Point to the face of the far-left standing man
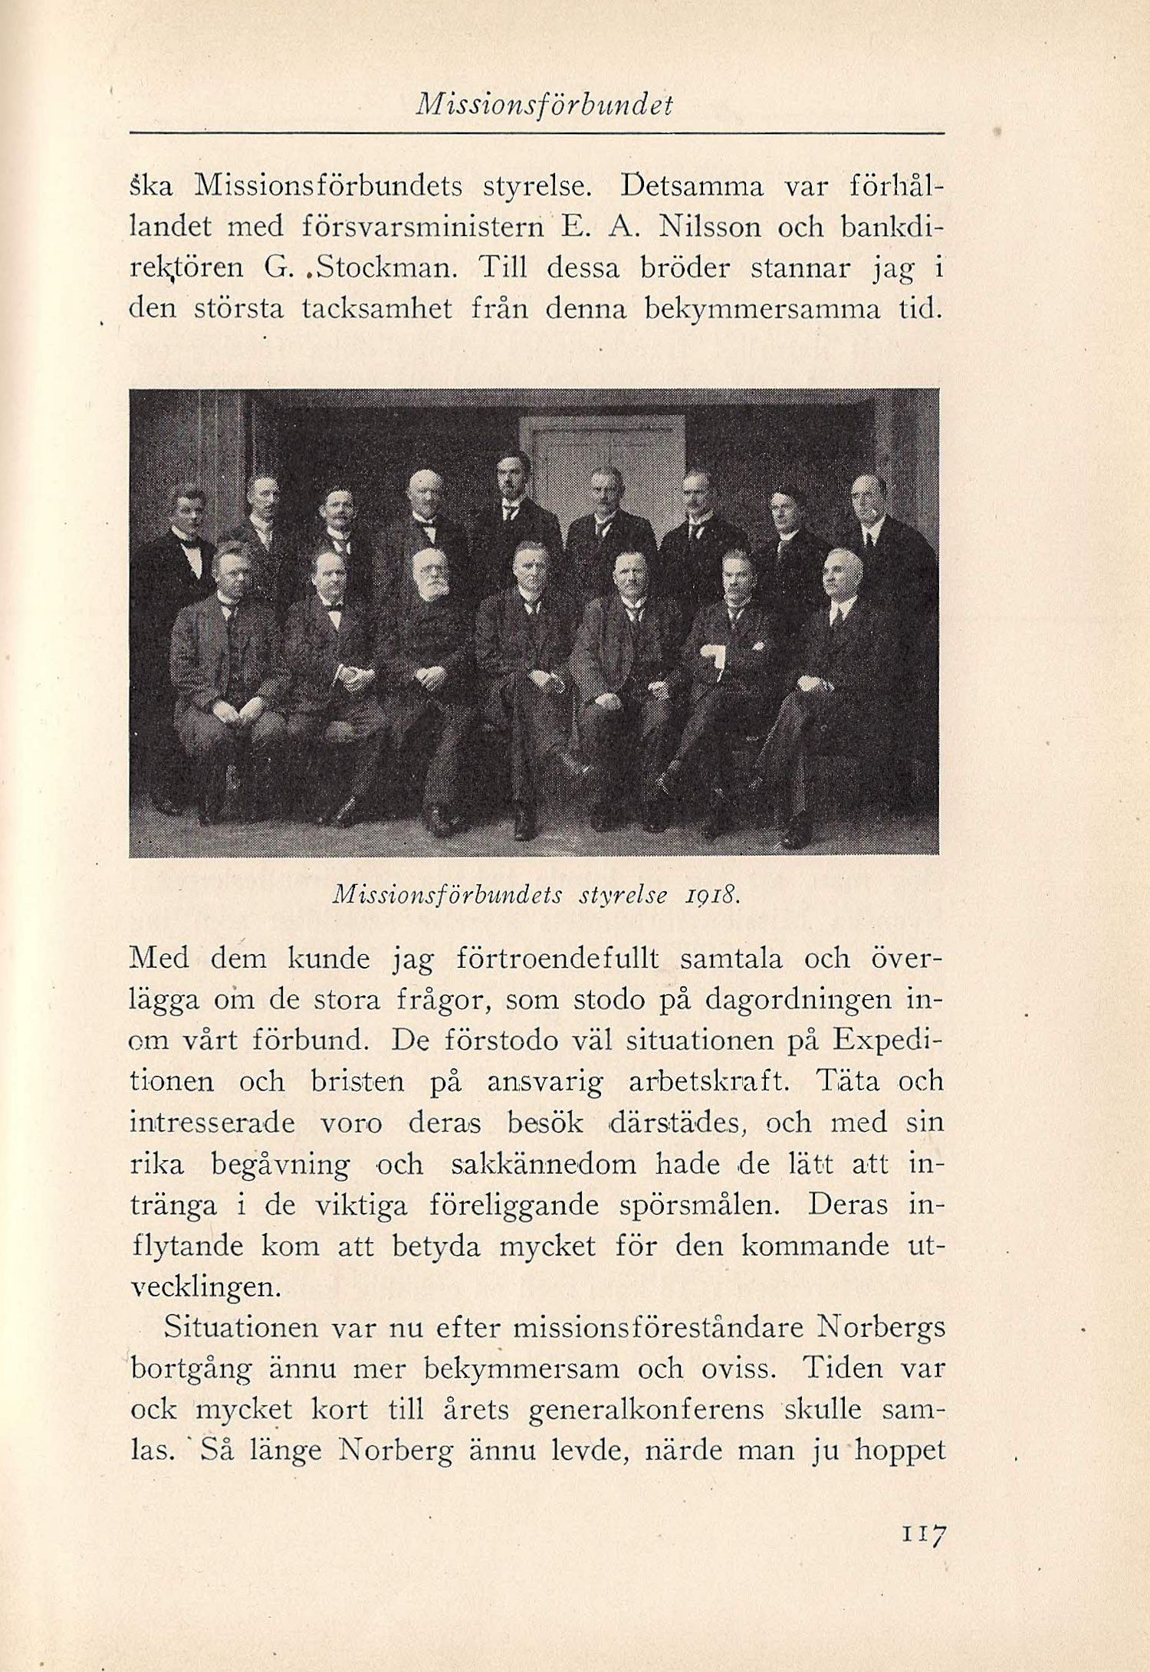pyautogui.click(x=186, y=512)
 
